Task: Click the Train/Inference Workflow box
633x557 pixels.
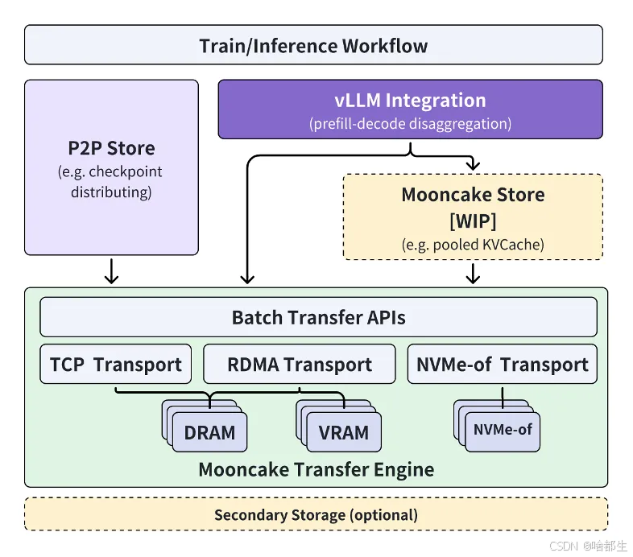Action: (313, 44)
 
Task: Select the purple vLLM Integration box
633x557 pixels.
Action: (410, 109)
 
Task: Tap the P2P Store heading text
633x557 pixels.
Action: (111, 148)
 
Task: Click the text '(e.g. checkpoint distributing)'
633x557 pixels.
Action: (111, 182)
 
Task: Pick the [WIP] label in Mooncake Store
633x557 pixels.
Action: (473, 220)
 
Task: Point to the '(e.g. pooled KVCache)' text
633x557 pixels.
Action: (473, 244)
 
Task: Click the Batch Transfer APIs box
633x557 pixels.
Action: (318, 317)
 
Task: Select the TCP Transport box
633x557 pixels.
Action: (115, 365)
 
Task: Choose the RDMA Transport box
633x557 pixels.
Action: (299, 365)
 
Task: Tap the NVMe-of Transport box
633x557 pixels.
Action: (502, 365)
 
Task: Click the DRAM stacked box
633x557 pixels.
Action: (209, 432)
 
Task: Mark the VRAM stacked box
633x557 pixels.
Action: (343, 432)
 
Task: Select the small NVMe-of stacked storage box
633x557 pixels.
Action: (503, 430)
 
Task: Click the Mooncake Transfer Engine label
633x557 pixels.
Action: (316, 469)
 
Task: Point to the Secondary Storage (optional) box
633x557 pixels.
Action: (316, 514)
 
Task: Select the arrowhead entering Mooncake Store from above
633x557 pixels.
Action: (473, 165)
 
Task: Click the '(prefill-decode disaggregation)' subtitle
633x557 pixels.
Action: (410, 125)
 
